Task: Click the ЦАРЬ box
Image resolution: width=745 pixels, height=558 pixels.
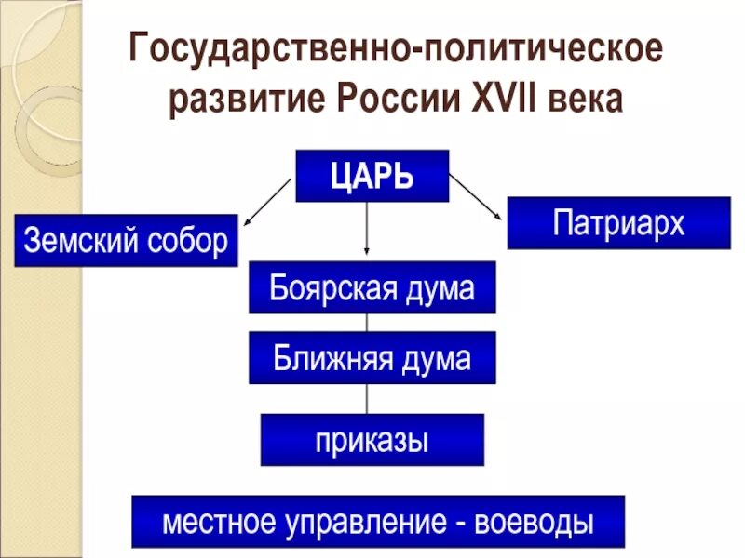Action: pyautogui.click(x=372, y=176)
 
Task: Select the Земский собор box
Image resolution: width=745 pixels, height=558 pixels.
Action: pyautogui.click(x=126, y=241)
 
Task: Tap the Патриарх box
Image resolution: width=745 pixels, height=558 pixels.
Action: pyautogui.click(x=618, y=223)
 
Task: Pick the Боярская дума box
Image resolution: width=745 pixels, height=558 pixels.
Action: pyautogui.click(x=372, y=287)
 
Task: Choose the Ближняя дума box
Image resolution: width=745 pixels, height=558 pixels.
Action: pyautogui.click(x=372, y=358)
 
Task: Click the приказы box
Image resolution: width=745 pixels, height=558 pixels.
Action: pyautogui.click(x=372, y=439)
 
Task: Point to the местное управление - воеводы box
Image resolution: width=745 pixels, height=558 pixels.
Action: pyautogui.click(x=378, y=521)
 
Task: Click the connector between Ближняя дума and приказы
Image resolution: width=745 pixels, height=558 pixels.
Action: pyautogui.click(x=368, y=398)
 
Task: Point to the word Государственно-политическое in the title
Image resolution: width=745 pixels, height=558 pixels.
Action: pyautogui.click(x=397, y=50)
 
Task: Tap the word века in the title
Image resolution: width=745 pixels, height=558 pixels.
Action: pyautogui.click(x=585, y=99)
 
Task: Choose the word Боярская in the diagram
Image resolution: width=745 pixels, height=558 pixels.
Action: pyautogui.click(x=321, y=287)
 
